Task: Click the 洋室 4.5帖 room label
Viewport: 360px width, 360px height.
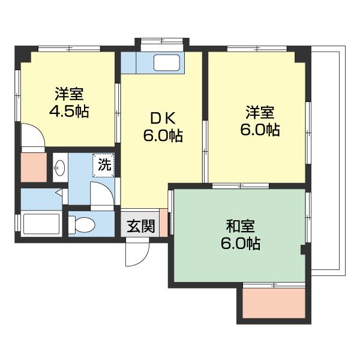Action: point(69,103)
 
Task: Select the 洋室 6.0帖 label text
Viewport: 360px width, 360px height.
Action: point(260,121)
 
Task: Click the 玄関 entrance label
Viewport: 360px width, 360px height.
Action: point(141,226)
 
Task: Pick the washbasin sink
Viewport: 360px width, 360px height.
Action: point(59,169)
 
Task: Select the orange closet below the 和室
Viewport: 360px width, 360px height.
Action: point(275,305)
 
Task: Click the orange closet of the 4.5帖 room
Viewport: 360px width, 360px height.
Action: point(32,166)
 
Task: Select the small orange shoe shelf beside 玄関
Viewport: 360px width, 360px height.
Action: point(164,223)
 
